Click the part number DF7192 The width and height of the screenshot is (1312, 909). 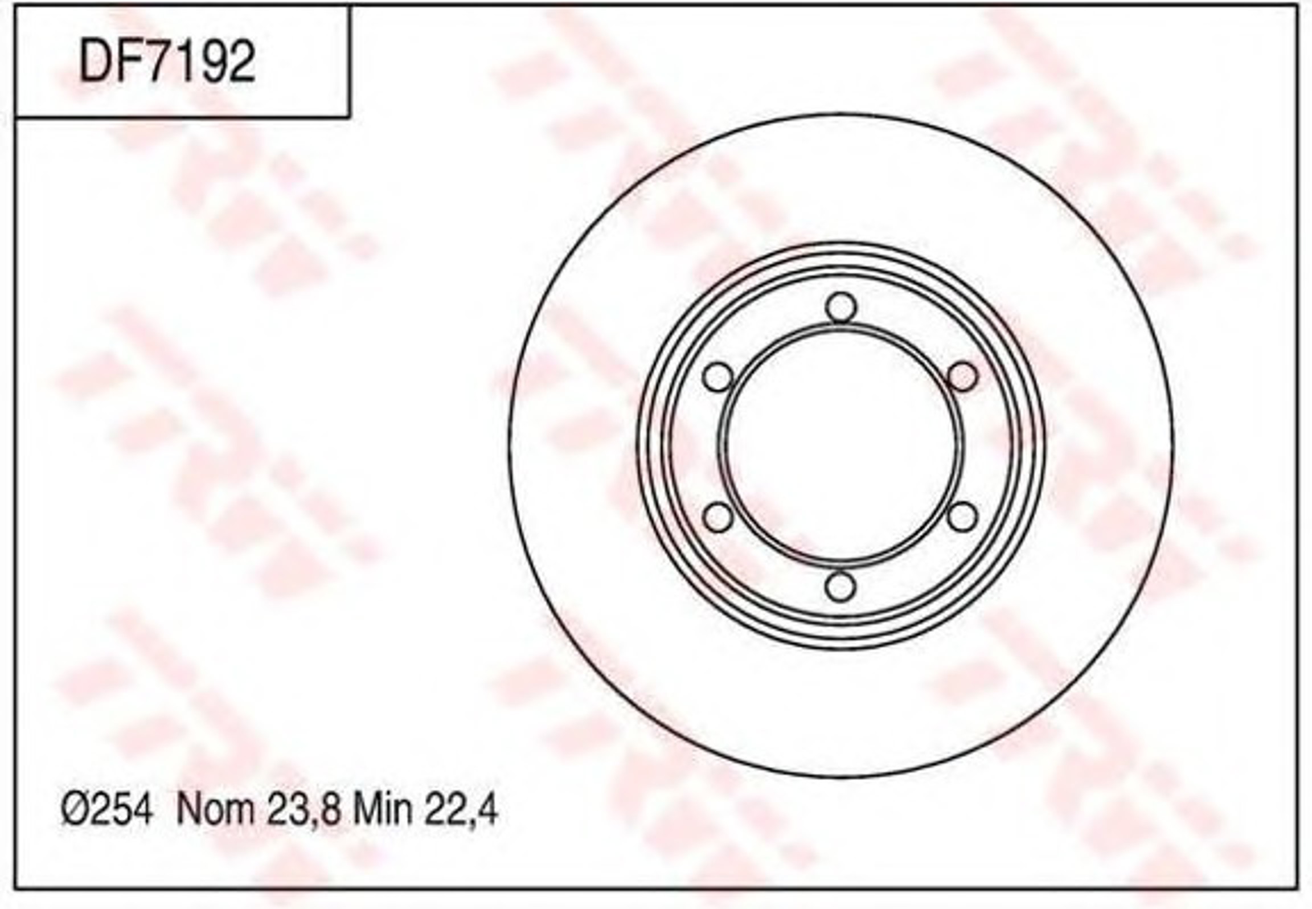167,62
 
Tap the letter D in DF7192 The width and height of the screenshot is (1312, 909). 96,62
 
